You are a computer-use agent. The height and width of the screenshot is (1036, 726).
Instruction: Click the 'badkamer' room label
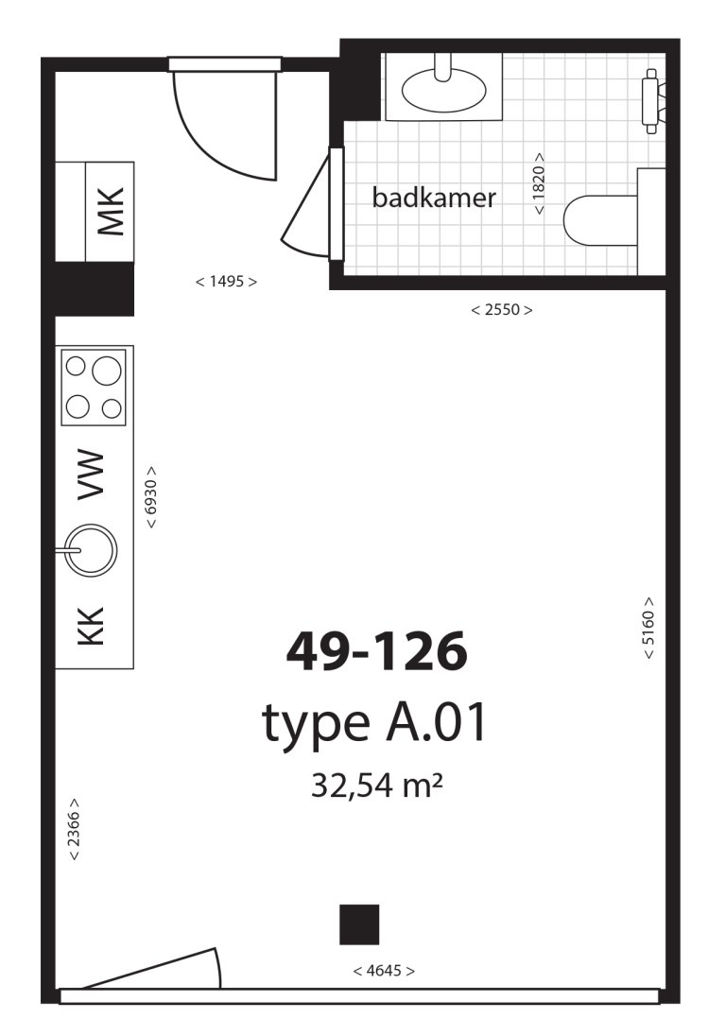coord(434,198)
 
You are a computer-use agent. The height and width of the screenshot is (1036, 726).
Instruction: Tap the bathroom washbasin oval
coord(444,91)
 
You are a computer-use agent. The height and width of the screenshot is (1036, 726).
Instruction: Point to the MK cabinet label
coord(111,212)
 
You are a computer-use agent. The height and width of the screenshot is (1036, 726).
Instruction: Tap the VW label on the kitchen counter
coord(91,475)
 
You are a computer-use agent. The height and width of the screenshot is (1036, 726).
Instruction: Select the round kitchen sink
coord(91,549)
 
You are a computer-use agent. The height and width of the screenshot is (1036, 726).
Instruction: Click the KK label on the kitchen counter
coord(91,626)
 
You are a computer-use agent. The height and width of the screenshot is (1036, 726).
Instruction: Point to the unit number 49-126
coord(376,650)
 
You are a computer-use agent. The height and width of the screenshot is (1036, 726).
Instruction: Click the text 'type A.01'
coord(374,722)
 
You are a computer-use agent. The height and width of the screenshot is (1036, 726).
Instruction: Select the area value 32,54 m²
coord(376,786)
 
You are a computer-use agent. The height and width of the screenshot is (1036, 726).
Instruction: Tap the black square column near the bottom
coord(359,924)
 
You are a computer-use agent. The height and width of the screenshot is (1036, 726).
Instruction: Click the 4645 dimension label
coord(384,971)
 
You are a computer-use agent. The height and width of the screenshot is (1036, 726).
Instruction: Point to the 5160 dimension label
coord(648,628)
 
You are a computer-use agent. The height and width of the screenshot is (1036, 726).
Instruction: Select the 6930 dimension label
coord(151,497)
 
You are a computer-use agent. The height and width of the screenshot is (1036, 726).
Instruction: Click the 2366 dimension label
coord(74,829)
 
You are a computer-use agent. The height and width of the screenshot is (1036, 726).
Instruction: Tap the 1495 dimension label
coord(226,282)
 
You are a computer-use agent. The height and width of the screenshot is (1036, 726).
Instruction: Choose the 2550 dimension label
coord(501,309)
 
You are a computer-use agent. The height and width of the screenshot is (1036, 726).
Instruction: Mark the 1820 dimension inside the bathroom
coord(539,183)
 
